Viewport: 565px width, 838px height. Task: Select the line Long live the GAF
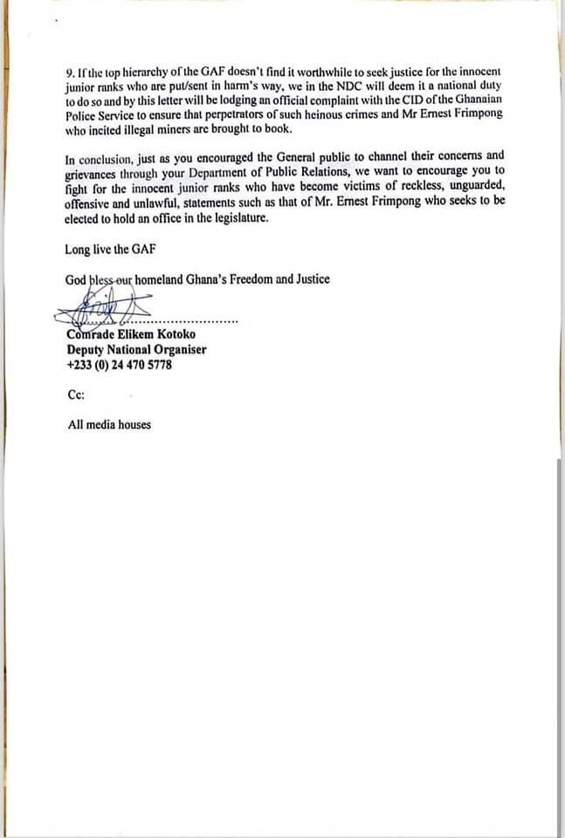coord(110,250)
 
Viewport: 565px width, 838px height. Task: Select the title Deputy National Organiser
coord(136,350)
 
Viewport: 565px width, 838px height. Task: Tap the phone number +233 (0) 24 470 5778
coord(119,365)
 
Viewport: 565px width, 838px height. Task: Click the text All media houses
coord(109,425)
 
